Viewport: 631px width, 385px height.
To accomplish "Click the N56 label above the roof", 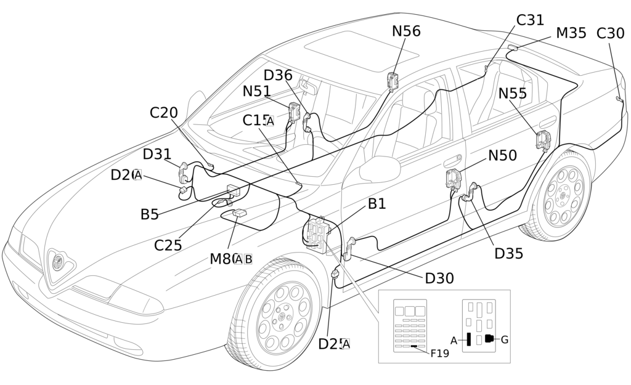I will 406,31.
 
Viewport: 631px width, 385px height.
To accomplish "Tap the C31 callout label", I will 530,20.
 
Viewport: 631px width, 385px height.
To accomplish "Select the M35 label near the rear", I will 571,33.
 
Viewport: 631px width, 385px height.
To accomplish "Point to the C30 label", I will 610,33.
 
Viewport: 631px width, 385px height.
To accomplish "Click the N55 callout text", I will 513,94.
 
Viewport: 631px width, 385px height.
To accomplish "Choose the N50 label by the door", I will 502,156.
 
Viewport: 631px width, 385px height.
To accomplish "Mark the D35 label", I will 508,253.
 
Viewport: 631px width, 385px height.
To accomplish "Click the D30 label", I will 439,278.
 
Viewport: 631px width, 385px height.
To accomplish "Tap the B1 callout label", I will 377,204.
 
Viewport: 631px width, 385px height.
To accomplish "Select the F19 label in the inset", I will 439,353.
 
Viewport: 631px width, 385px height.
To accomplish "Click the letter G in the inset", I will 505,339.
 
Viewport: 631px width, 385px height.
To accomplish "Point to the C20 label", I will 163,113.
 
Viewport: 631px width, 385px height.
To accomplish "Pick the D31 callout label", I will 157,154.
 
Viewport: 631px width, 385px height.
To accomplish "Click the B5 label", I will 149,214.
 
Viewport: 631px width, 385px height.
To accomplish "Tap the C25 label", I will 168,245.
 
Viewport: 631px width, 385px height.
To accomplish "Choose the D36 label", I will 278,75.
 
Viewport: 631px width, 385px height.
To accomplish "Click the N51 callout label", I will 256,91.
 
